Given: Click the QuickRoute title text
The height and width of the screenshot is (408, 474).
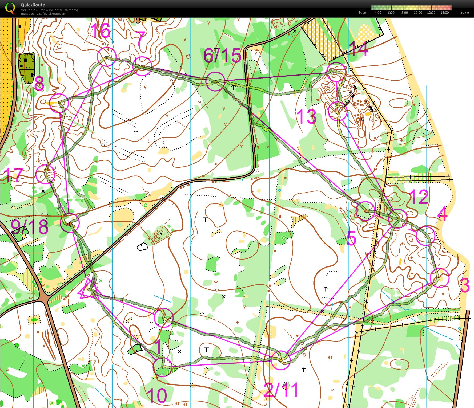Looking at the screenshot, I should [x=33, y=5].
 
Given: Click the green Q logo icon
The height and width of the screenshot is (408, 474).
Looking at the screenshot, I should [x=10, y=8].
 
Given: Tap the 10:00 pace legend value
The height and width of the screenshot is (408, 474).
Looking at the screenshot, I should [x=418, y=13].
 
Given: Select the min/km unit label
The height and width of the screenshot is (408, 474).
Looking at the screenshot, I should [x=463, y=13].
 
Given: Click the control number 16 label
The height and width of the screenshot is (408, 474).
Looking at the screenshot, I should [x=100, y=31].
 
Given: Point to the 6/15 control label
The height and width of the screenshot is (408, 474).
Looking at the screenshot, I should [x=222, y=56].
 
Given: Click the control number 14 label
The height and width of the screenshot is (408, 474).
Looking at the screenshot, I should [x=358, y=49].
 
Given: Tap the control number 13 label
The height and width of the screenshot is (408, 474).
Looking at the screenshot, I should [x=306, y=117].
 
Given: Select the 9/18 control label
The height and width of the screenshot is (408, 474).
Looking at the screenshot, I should [x=30, y=227].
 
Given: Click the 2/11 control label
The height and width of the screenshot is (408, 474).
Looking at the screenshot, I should [x=280, y=390].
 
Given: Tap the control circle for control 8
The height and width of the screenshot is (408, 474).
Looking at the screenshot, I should [x=59, y=103].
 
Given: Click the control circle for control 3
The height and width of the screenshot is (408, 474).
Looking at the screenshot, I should [x=439, y=278].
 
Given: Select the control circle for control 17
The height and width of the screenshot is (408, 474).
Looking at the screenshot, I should [x=45, y=174].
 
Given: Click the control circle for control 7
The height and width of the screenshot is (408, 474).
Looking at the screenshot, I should [x=142, y=66].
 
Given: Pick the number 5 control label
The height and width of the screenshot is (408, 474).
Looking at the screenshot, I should [x=351, y=238].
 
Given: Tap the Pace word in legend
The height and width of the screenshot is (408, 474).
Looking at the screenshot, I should [x=362, y=13].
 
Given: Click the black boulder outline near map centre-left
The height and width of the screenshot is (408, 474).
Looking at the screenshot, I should [x=142, y=247].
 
